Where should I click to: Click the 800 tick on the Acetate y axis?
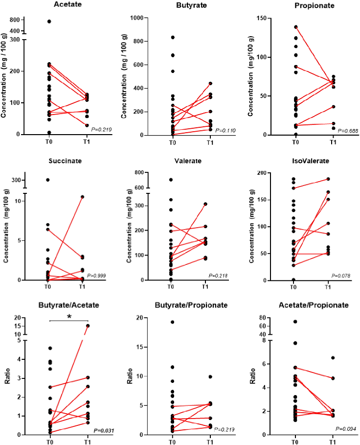tap(27, 20)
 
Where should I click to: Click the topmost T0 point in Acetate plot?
tap(49, 22)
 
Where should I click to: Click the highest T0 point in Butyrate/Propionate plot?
tap(172, 322)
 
